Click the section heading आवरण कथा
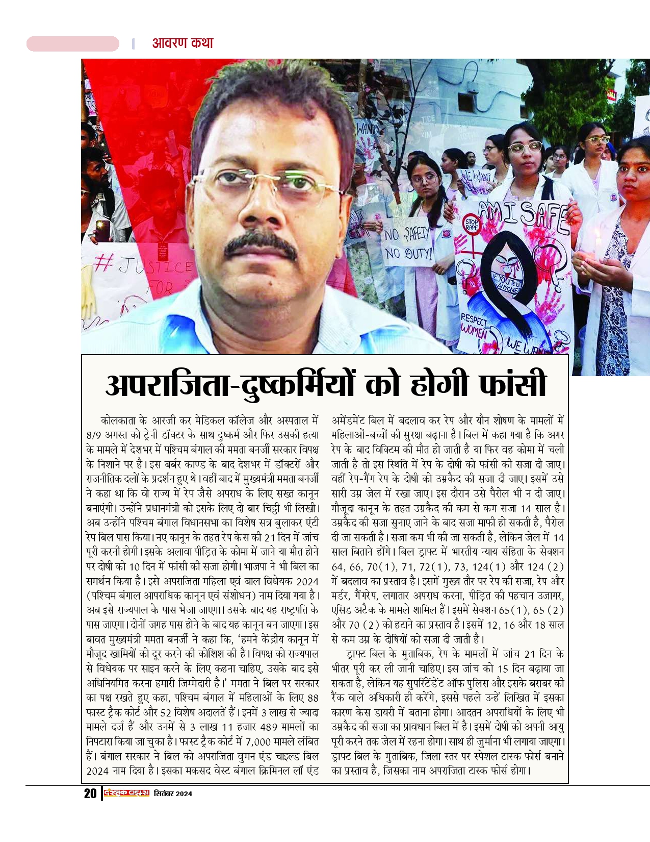(183, 43)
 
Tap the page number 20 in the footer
(90, 794)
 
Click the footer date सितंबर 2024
(173, 794)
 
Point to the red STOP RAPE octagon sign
(472, 225)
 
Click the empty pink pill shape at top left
(72, 44)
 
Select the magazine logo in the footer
(126, 793)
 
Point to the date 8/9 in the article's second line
(94, 435)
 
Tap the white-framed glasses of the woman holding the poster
(524, 148)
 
